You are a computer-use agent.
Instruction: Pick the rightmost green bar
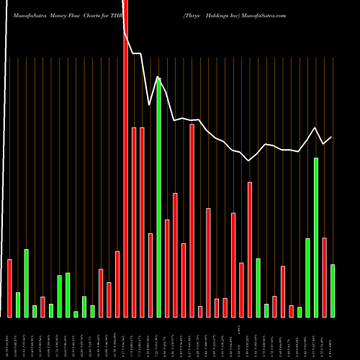[333, 291]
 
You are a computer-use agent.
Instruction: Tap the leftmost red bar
[9, 288]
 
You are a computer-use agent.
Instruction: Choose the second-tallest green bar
[316, 238]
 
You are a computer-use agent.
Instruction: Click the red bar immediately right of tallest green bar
[167, 268]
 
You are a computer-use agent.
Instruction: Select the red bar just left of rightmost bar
[324, 277]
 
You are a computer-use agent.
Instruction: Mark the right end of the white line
[332, 137]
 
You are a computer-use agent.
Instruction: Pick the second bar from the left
[18, 305]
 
